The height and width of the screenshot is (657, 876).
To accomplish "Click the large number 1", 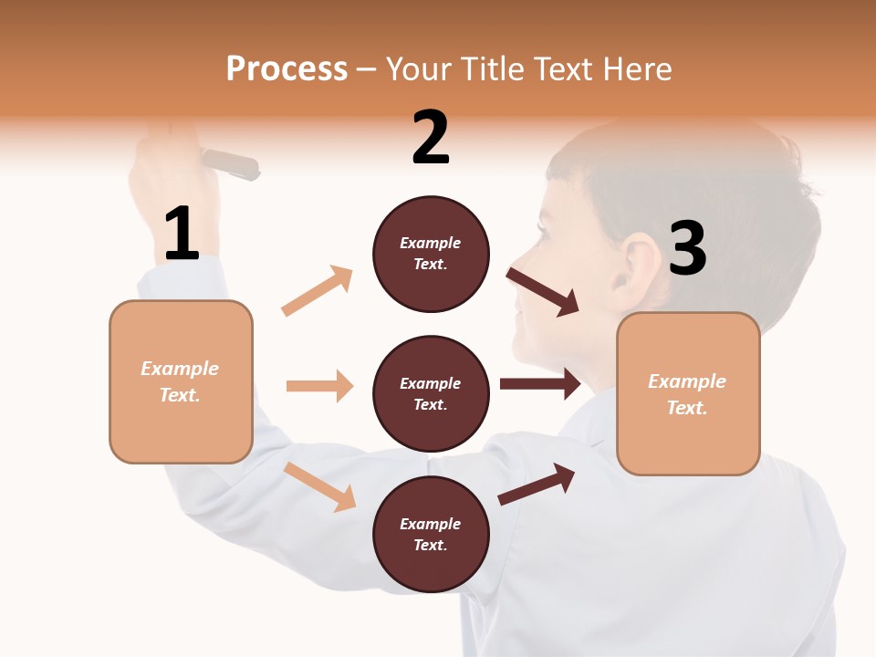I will click(x=182, y=234).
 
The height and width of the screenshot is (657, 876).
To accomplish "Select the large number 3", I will click(x=688, y=249).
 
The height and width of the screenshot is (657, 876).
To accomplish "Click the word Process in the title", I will click(x=287, y=68).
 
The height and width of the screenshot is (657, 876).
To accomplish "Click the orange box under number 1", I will click(x=181, y=381).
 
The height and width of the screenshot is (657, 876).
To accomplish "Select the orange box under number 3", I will click(x=688, y=393).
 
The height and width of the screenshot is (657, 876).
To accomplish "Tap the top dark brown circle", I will click(x=431, y=254).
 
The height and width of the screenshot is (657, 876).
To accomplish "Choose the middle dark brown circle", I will click(x=431, y=393).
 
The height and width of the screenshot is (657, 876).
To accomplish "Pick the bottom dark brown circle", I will click(x=431, y=534).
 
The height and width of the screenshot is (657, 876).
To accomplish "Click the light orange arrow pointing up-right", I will click(x=317, y=291).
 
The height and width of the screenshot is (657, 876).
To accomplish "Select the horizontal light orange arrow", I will click(x=319, y=386).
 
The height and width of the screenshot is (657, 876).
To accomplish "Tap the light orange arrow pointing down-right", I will click(x=319, y=486).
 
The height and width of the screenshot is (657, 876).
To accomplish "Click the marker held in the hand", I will click(x=230, y=164).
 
